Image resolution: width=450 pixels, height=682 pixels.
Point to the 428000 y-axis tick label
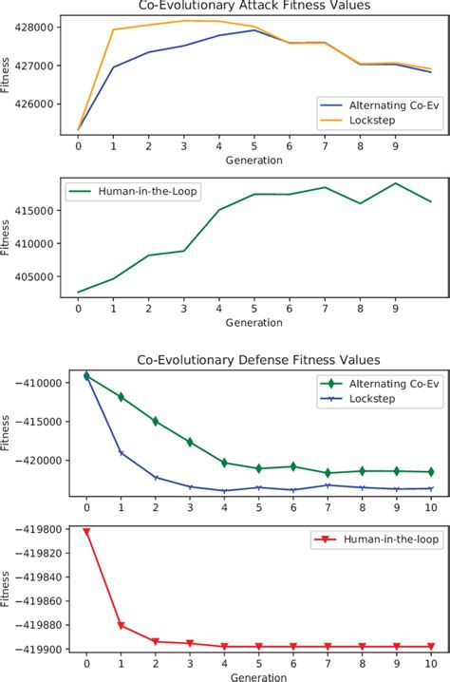coord(42,27)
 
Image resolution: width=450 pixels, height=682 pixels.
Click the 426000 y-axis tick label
coord(42,104)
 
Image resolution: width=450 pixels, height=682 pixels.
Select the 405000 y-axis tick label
coord(42,277)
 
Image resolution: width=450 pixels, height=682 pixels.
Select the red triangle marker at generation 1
coord(121,625)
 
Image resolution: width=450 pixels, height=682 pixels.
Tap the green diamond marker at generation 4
coord(224,463)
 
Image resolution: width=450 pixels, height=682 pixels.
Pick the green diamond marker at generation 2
coord(156,421)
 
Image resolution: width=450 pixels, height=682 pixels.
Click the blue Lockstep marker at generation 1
coord(121,452)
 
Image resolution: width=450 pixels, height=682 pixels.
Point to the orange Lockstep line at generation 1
coord(114,29)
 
